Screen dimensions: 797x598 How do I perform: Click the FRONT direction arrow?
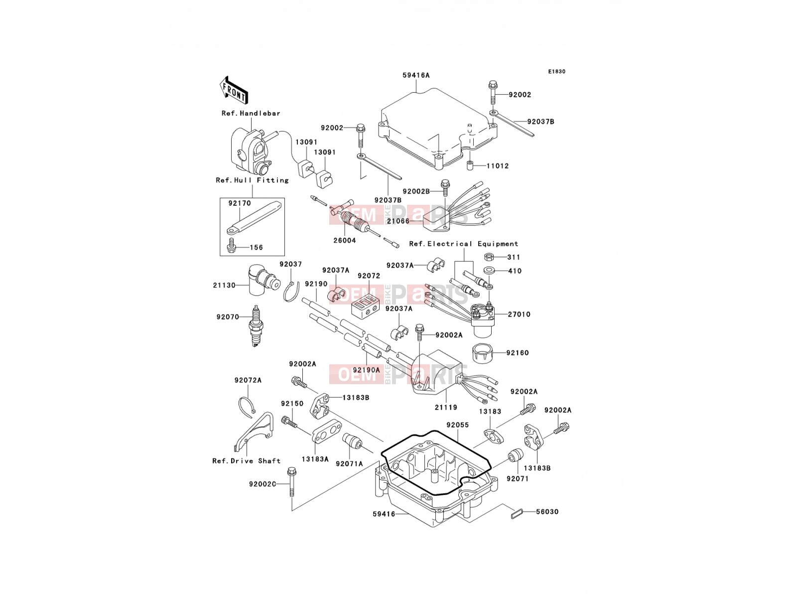(234, 90)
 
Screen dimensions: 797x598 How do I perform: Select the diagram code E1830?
(556, 72)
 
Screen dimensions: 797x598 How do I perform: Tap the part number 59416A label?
(416, 75)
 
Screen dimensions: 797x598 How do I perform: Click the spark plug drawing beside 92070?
(257, 326)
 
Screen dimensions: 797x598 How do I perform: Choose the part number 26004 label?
(345, 240)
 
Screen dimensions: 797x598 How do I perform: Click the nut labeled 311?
(488, 257)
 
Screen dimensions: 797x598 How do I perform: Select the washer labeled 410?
(489, 271)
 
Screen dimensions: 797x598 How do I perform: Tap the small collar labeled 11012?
(470, 166)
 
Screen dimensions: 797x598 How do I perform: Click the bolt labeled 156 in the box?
(231, 247)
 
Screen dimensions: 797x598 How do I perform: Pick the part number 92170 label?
(240, 203)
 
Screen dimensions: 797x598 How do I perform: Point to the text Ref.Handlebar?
(251, 113)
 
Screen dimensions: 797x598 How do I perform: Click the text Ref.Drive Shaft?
(247, 461)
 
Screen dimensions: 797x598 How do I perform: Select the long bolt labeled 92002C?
(291, 482)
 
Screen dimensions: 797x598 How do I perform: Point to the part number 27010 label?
(519, 314)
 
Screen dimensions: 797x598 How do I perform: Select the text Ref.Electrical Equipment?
(464, 244)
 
